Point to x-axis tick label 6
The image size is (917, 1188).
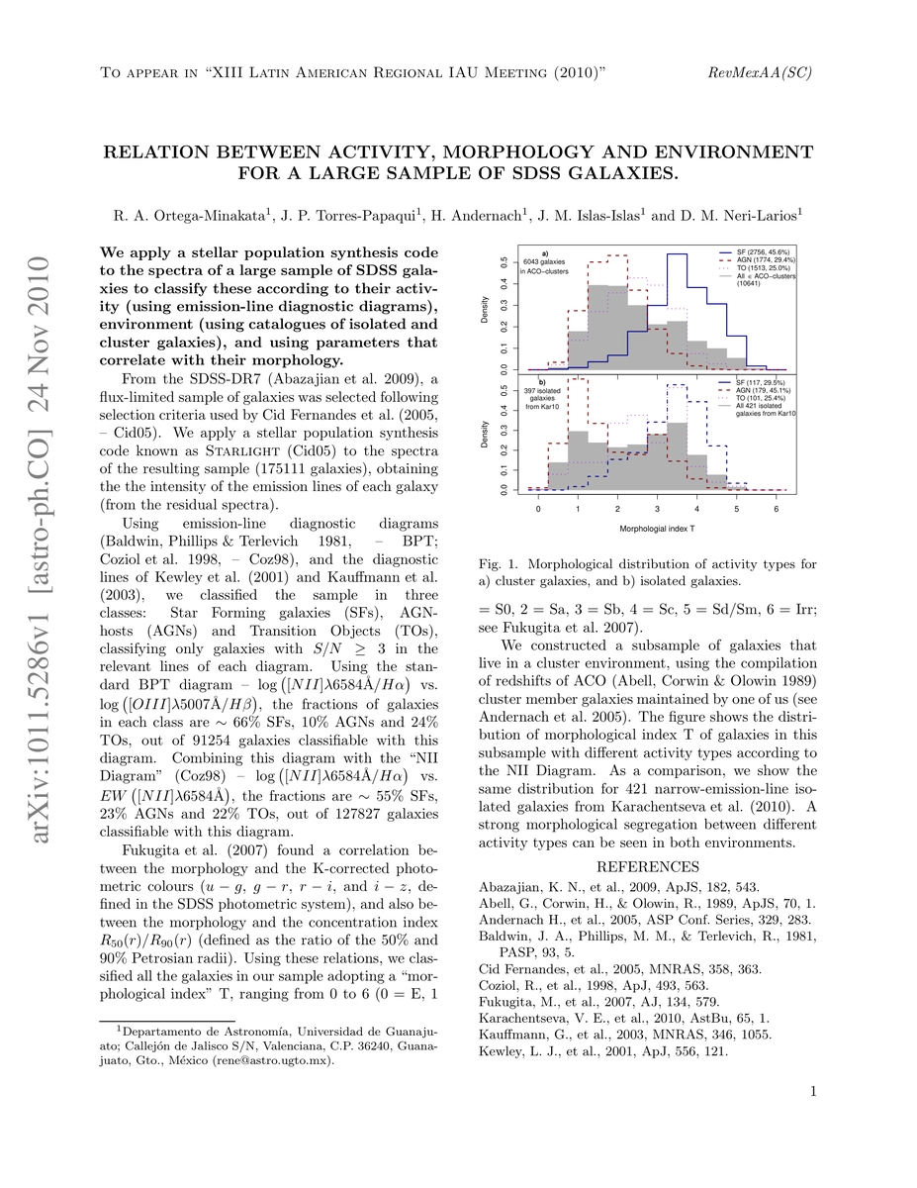point(778,507)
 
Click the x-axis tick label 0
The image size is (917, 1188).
point(537,507)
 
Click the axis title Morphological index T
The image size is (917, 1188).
point(657,530)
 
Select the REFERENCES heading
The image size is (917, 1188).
point(648,866)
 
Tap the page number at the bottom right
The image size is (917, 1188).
point(812,1092)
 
